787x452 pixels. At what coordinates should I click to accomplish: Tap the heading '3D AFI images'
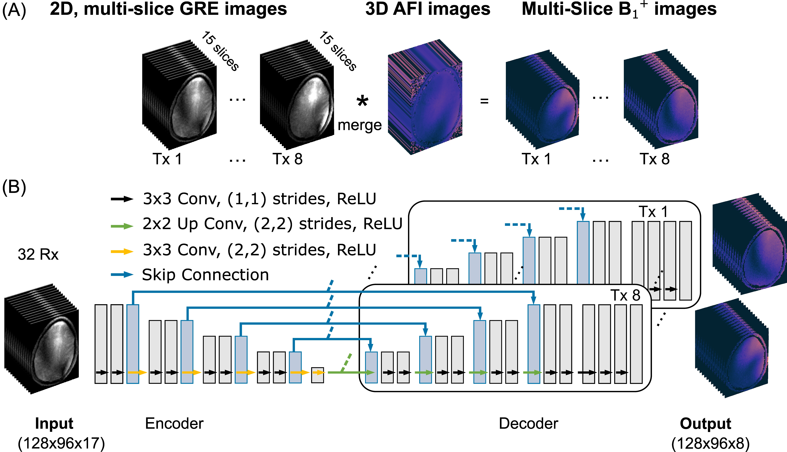pyautogui.click(x=428, y=9)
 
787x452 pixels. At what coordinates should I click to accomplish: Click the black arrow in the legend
pyautogui.click(x=122, y=199)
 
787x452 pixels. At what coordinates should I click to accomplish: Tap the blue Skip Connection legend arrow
pyautogui.click(x=122, y=275)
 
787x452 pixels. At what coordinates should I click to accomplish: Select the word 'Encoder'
pyautogui.click(x=174, y=423)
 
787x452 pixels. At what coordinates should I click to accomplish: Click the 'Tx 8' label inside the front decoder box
pyautogui.click(x=626, y=295)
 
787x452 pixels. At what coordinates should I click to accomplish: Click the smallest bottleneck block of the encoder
pyautogui.click(x=317, y=375)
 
